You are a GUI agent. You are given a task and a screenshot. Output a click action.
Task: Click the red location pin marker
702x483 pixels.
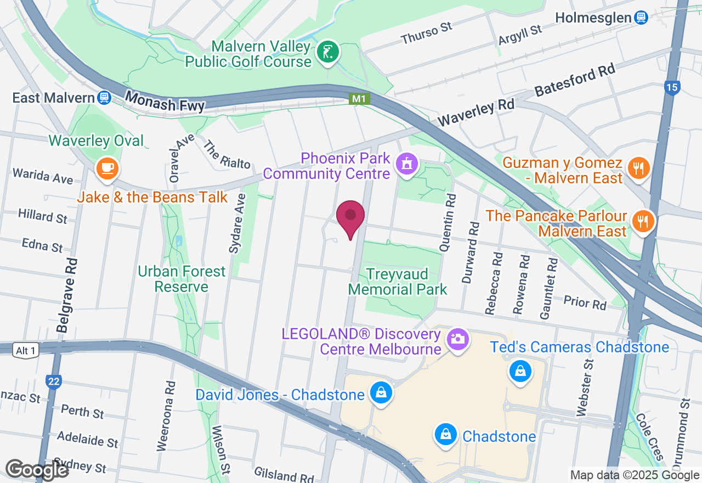[x=350, y=217]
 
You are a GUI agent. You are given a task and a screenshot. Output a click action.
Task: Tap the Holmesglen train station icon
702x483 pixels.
[x=641, y=18]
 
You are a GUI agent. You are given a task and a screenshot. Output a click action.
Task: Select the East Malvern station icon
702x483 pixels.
[x=104, y=98]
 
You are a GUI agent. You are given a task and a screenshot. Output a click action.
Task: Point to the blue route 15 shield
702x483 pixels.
[x=671, y=87]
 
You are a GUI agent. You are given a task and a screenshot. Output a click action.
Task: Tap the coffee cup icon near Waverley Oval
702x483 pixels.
[x=107, y=167]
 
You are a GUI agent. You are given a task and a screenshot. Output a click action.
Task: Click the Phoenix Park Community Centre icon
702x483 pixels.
[x=406, y=163]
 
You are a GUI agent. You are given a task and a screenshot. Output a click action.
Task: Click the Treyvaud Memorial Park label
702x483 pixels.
[x=398, y=281]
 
